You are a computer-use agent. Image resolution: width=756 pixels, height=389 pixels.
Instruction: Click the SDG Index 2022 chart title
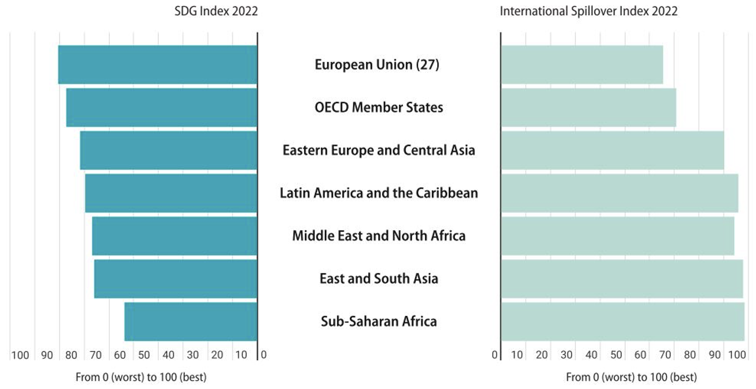[x=216, y=11]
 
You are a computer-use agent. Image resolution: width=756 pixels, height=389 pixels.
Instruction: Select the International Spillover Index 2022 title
[x=588, y=11]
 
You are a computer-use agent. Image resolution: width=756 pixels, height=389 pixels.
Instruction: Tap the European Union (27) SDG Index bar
[x=158, y=65]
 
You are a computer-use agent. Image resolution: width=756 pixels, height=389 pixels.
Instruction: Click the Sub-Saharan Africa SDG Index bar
[x=191, y=321]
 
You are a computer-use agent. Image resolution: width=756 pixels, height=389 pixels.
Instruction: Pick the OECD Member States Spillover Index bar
[x=588, y=108]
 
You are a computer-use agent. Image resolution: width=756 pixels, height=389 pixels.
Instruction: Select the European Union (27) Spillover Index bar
[x=582, y=65]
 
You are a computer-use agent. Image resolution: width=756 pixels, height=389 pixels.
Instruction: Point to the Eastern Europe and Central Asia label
[x=378, y=150]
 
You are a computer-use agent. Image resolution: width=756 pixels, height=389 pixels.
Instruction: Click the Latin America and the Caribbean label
[x=378, y=193]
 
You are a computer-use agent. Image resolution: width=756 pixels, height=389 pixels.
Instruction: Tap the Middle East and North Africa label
[x=378, y=236]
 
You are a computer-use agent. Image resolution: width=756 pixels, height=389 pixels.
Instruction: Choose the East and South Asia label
[x=378, y=279]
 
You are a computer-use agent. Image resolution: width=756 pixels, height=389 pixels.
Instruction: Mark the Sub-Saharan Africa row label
[x=378, y=321]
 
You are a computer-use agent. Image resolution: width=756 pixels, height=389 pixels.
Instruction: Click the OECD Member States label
[x=378, y=108]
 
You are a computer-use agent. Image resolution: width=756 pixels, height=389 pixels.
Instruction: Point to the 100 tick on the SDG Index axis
[x=20, y=355]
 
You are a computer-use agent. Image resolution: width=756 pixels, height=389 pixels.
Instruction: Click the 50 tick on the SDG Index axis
[x=144, y=355]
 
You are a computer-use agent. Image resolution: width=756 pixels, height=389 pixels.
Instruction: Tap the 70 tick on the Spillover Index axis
[x=665, y=355]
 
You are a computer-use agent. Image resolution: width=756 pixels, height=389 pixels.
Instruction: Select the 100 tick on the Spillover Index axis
[x=737, y=355]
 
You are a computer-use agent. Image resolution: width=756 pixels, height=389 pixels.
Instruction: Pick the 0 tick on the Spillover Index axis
[x=495, y=355]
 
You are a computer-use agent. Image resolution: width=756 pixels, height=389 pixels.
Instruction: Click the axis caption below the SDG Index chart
[x=141, y=377]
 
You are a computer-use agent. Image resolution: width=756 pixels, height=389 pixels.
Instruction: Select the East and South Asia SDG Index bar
[x=176, y=279]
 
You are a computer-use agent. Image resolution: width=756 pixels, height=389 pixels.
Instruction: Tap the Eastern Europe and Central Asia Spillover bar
[x=612, y=150]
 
